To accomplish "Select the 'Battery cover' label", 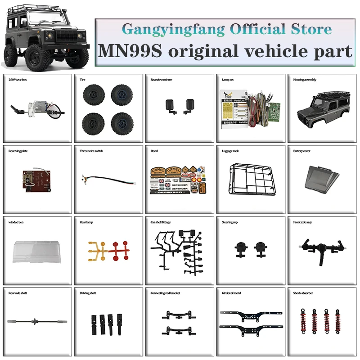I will [301, 151].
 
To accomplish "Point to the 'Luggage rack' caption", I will [230, 151].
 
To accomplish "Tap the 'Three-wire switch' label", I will [91, 151].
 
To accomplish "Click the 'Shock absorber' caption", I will [303, 293].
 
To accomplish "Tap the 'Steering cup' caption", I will [231, 222].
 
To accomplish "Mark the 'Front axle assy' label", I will [303, 222].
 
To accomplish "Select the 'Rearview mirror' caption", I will [161, 80].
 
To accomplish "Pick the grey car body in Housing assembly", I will [321, 108].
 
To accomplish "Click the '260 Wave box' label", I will [18, 80].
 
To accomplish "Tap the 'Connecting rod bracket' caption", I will [165, 293].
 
